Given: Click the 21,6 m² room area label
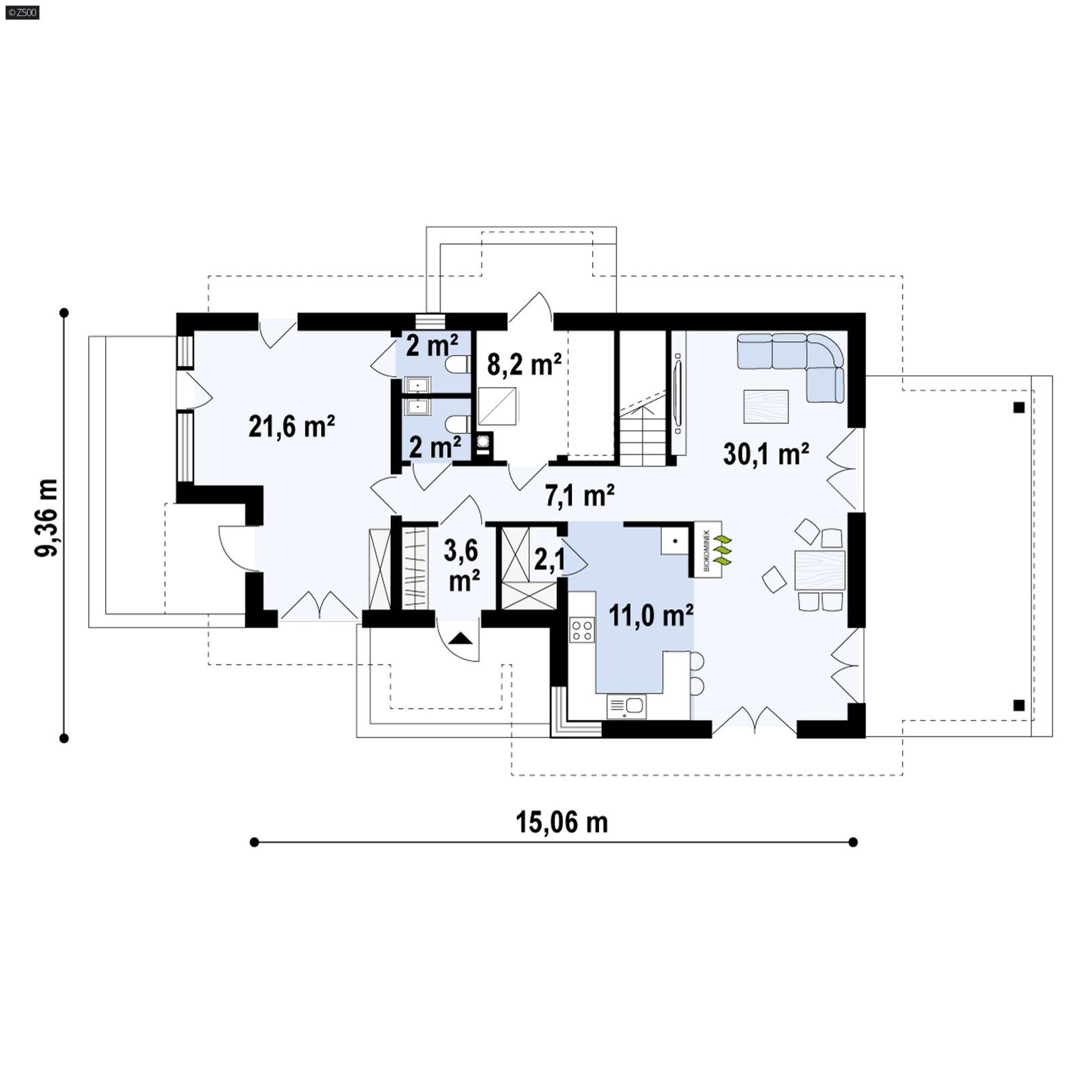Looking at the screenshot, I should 291,427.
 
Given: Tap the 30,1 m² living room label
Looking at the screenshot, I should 766,454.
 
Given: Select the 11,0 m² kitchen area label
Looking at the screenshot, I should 650,616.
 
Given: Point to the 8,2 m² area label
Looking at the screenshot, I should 524,364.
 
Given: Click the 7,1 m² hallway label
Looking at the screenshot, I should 579,496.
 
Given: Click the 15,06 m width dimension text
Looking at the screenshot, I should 562,822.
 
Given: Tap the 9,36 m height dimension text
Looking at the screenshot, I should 46,518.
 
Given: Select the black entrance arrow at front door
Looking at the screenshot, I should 460,638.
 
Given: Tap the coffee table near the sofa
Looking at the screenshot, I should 766,406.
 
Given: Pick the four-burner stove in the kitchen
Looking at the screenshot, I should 582,629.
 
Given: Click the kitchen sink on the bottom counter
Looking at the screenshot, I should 627,706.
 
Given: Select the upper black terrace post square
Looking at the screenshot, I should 1018,407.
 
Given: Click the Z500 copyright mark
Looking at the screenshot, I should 22,12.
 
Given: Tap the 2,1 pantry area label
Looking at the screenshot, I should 549,560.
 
